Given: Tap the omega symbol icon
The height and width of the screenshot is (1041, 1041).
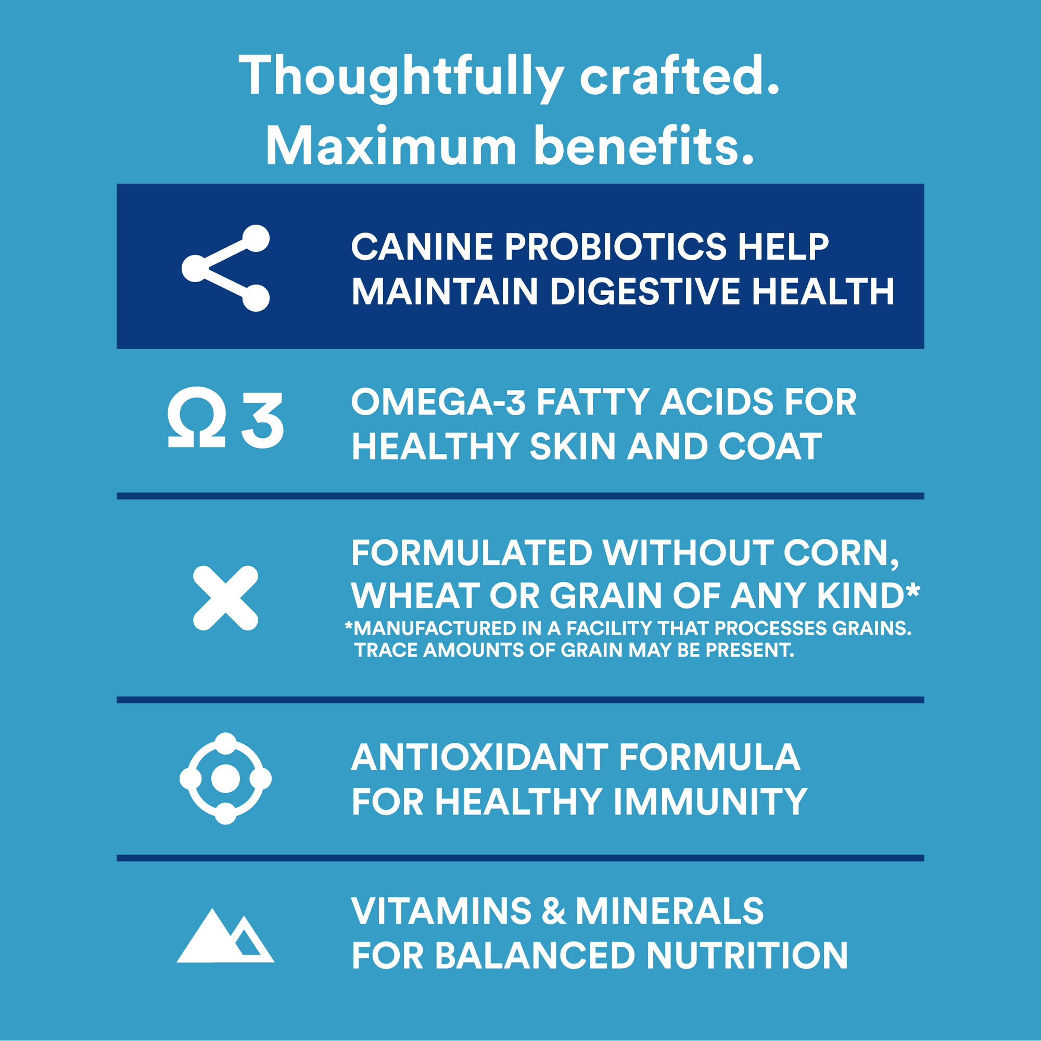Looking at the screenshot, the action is (196, 417).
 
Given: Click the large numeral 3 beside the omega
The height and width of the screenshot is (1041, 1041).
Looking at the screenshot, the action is (262, 420).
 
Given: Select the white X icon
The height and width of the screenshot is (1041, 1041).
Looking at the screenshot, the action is (225, 598).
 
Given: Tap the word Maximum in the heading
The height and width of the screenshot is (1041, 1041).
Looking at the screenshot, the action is (391, 146).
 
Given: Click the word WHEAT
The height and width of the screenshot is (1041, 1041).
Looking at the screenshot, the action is (415, 596).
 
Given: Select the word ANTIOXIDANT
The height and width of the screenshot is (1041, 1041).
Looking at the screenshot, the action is (479, 757).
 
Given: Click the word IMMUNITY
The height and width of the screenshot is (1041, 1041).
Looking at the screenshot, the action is (710, 802).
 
